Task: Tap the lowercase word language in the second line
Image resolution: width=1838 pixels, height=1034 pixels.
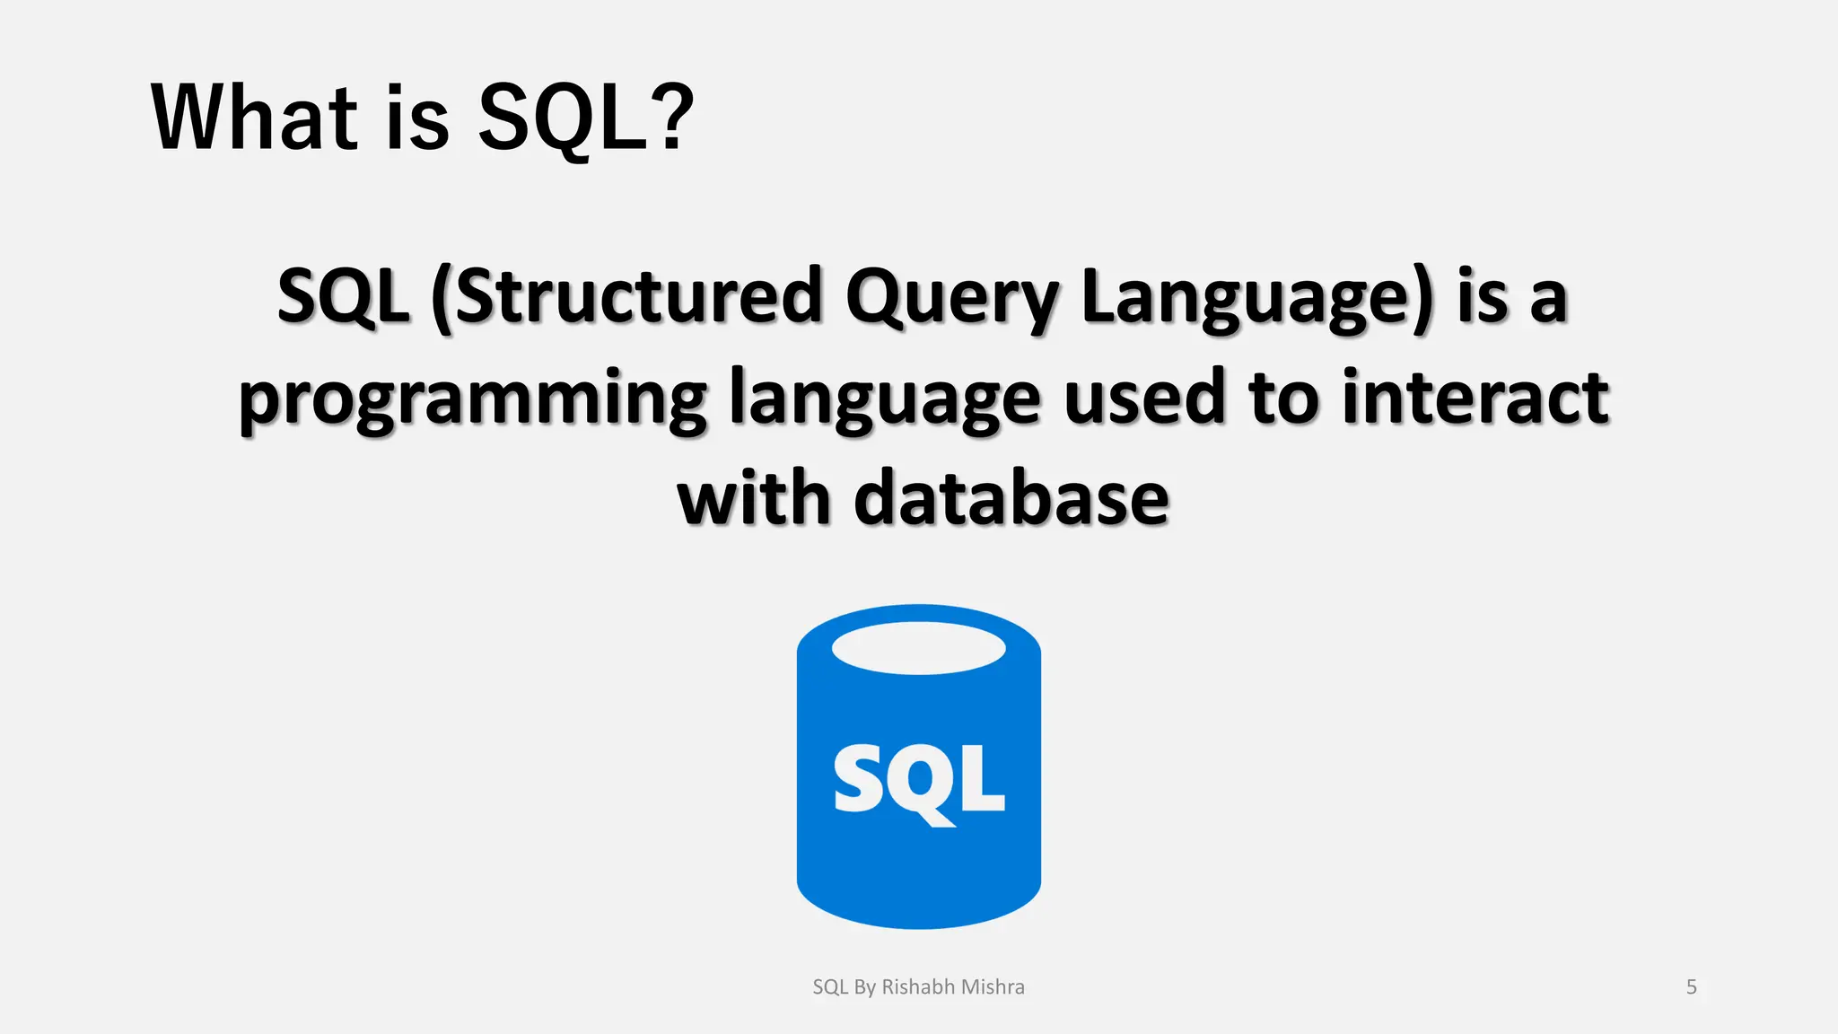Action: (885, 399)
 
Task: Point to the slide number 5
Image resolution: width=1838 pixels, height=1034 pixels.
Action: (1691, 987)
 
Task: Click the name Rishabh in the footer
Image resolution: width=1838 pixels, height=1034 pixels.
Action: (918, 987)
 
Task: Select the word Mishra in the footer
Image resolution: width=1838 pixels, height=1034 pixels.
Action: (993, 987)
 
